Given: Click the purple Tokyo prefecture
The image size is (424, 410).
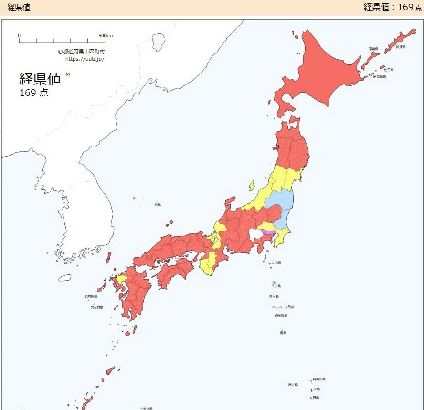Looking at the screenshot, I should [x=268, y=232].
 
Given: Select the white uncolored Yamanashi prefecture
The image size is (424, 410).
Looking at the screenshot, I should [x=255, y=234].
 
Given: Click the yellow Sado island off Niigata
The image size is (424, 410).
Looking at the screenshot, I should [x=252, y=186].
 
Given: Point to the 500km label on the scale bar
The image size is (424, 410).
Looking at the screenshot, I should [x=106, y=36].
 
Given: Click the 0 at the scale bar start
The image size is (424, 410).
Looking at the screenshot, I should [x=19, y=36].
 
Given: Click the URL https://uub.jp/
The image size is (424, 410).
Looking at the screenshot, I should [x=85, y=59].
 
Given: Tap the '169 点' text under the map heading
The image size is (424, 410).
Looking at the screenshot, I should [x=34, y=93].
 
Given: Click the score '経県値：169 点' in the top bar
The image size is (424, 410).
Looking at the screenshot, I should [x=392, y=7].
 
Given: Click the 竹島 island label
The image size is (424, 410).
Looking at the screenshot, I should [x=158, y=204].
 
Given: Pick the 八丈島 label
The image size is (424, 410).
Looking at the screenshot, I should [x=276, y=286].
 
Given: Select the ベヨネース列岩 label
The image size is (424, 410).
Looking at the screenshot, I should [x=283, y=307].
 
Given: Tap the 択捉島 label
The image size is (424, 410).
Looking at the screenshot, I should [x=400, y=47].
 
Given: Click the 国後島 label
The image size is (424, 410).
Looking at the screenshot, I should [x=373, y=49].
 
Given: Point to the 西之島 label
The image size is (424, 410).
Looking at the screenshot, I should [x=293, y=385].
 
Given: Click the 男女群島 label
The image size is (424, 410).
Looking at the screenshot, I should [x=96, y=307].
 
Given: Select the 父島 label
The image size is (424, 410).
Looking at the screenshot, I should [x=317, y=389].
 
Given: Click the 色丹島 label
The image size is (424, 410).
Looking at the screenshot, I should [x=389, y=70].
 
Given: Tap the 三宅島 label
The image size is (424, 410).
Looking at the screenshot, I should [x=276, y=263].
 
